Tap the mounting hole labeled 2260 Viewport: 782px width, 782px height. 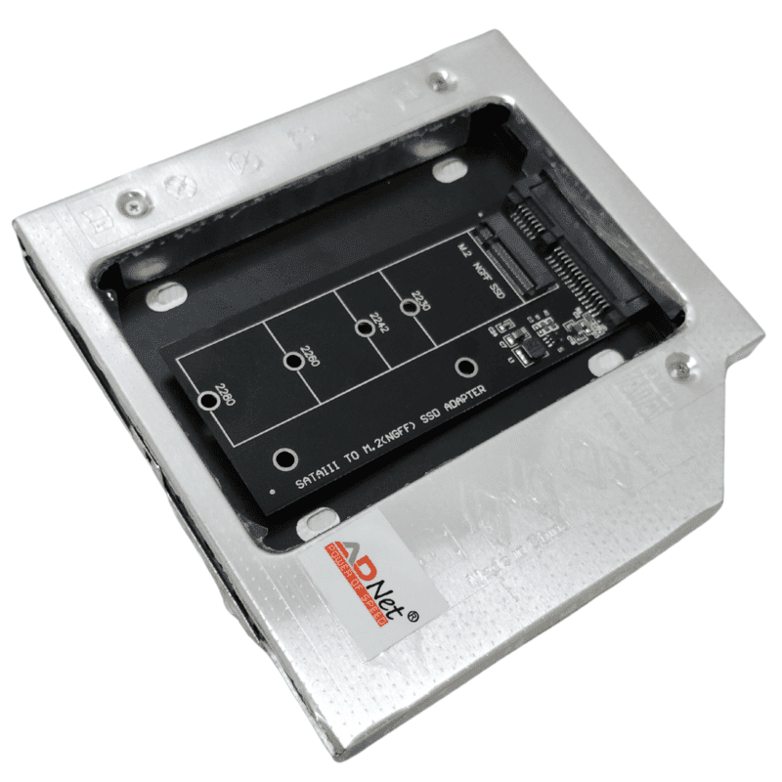[x=291, y=363]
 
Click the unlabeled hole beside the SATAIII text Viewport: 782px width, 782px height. [x=283, y=459]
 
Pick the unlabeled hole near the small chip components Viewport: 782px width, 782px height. [x=466, y=368]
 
